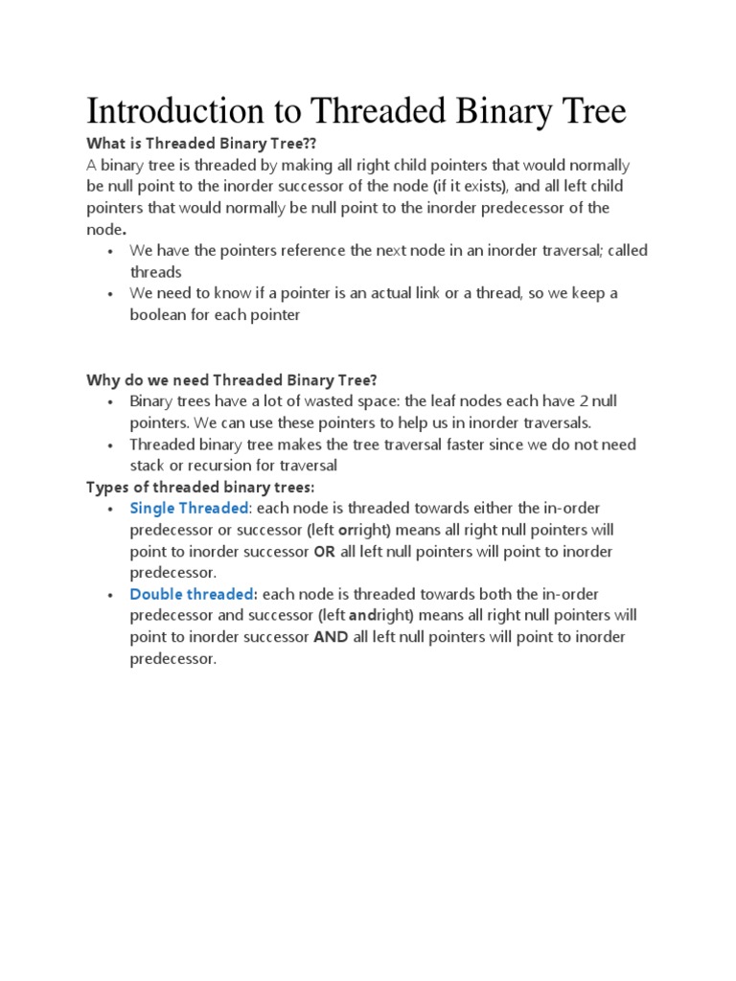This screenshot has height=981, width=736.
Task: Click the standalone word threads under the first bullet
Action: point(156,272)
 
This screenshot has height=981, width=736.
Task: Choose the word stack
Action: point(149,466)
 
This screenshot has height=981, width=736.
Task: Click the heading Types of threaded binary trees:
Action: point(199,487)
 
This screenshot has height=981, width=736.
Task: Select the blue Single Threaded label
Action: point(189,508)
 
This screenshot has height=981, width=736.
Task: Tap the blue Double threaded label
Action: point(194,594)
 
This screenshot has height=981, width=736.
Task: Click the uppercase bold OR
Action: point(325,551)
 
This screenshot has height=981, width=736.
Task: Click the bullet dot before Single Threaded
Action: point(111,509)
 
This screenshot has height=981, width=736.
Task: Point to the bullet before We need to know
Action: point(111,294)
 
